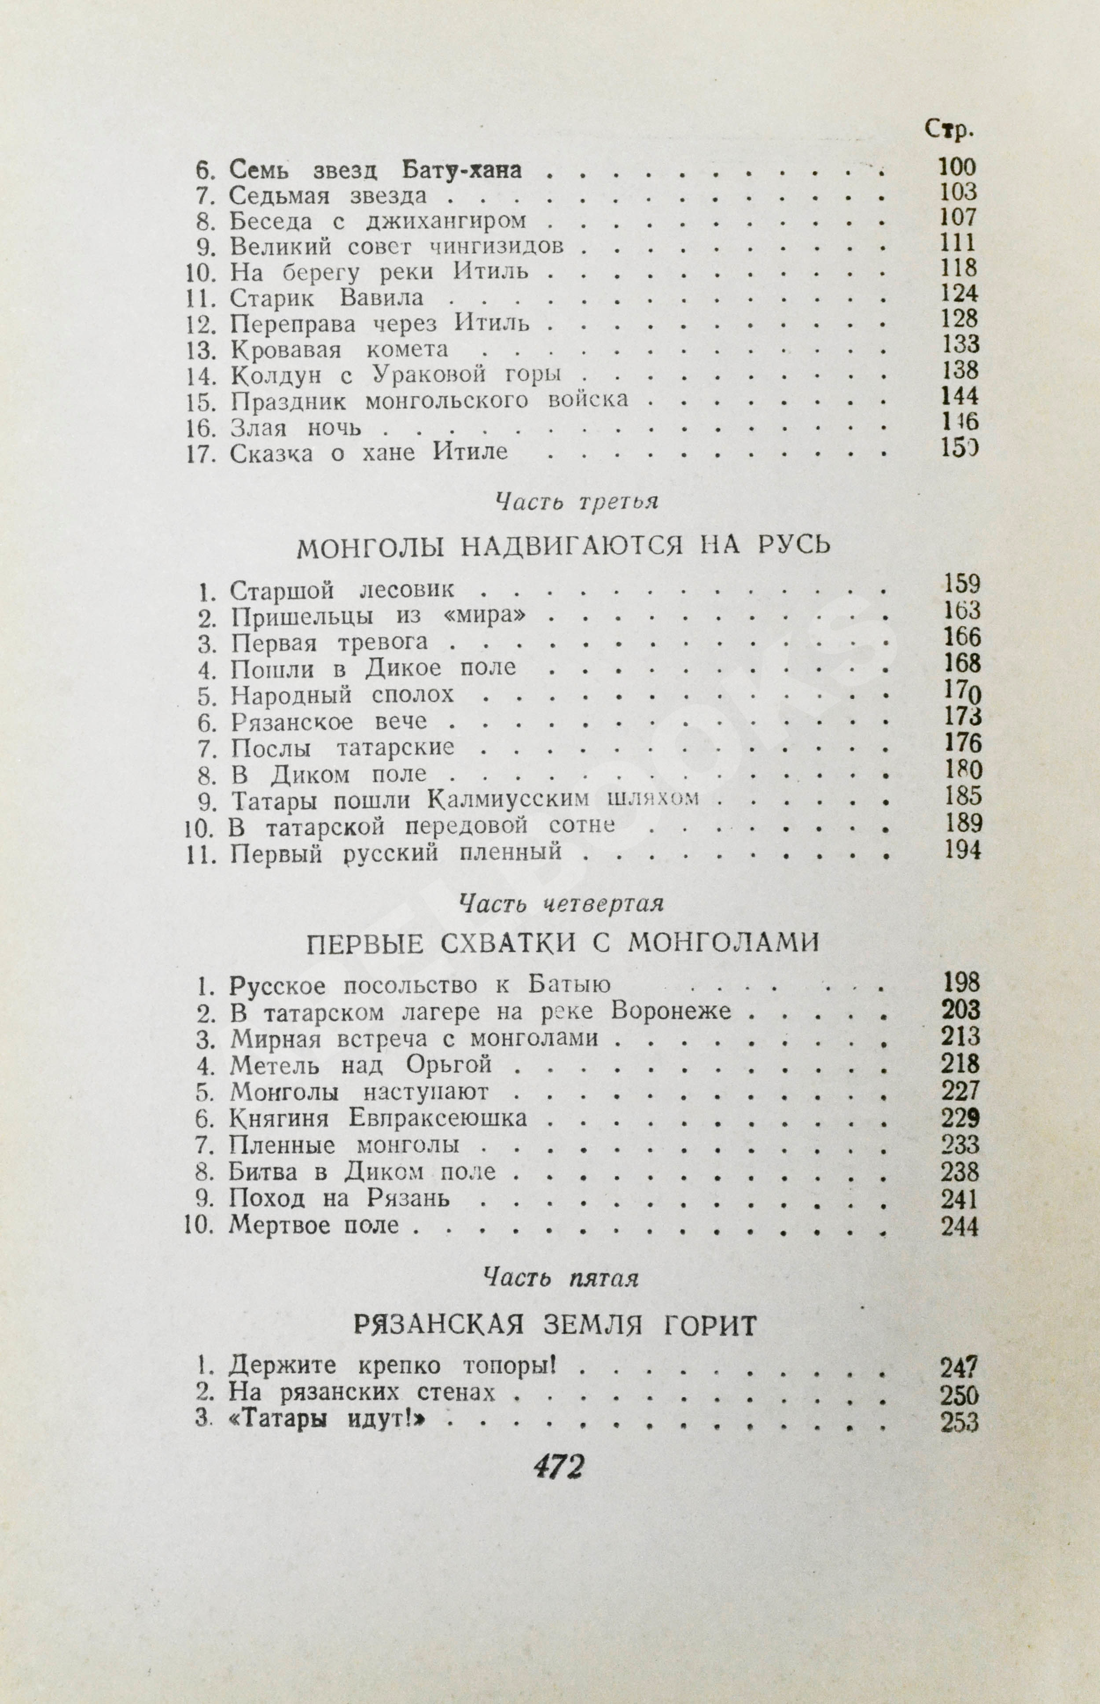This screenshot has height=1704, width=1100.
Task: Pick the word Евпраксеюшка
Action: pyautogui.click(x=438, y=1118)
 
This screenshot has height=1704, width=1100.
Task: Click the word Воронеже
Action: pyautogui.click(x=671, y=1011)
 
